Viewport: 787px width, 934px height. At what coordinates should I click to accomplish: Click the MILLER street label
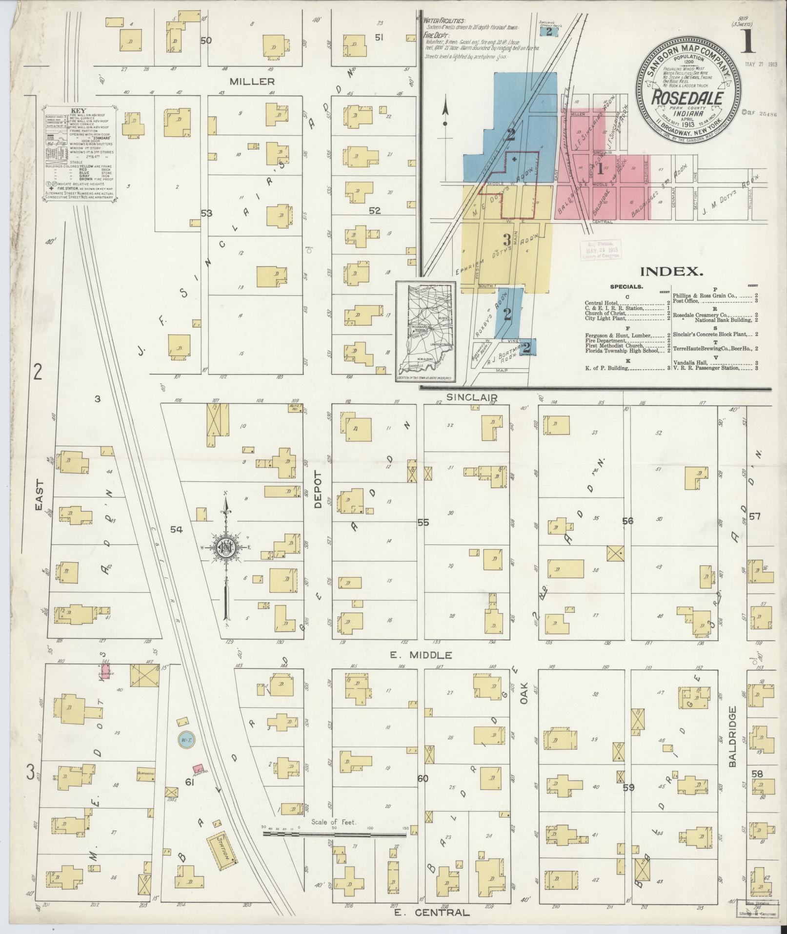pyautogui.click(x=254, y=82)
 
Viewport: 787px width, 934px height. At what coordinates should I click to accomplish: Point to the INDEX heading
pyautogui.click(x=671, y=271)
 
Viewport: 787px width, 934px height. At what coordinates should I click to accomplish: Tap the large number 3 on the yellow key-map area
pyautogui.click(x=507, y=240)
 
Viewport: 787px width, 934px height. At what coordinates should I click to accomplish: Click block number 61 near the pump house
pyautogui.click(x=190, y=783)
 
